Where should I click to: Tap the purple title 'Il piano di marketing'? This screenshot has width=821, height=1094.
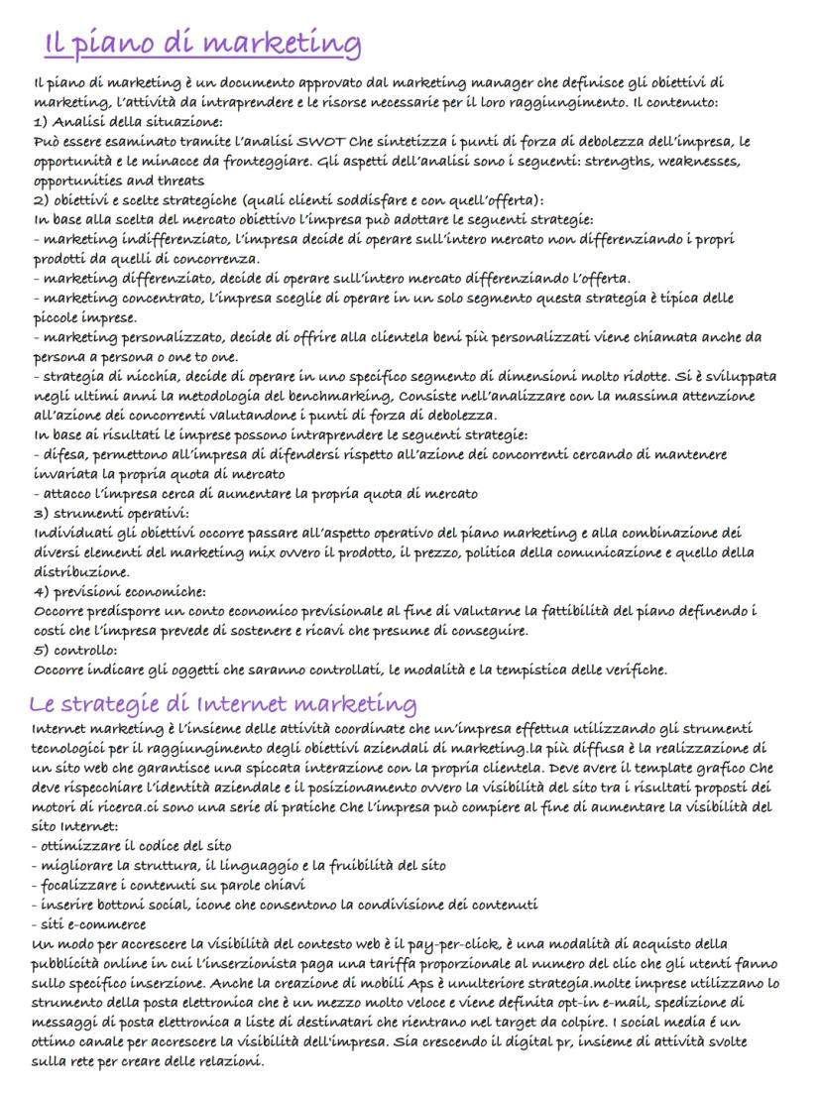203,44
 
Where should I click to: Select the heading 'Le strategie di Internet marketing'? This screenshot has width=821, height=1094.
223,704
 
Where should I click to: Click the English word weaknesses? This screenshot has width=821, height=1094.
690,162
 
